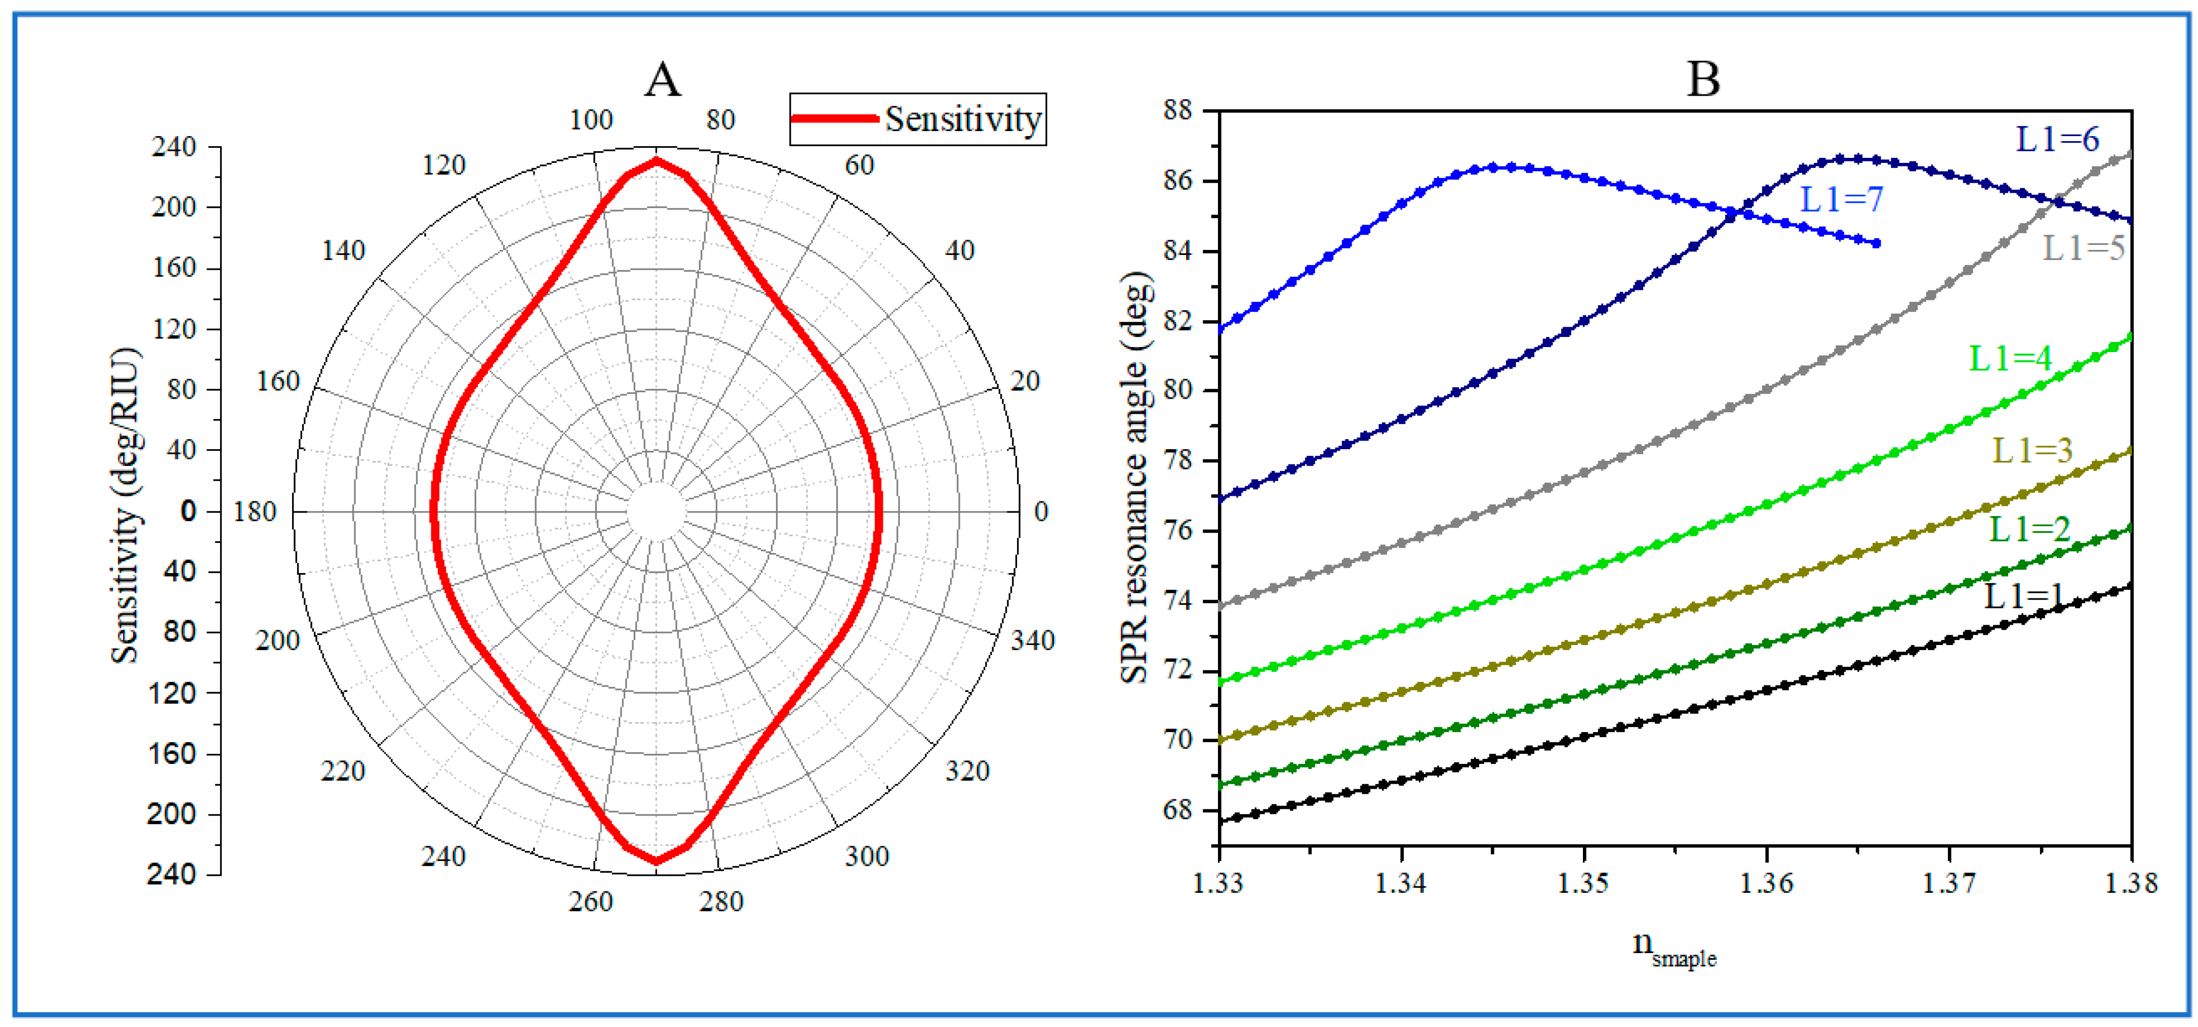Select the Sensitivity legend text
[x=962, y=119]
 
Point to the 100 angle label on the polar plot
[x=590, y=120]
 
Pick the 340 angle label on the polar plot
[x=1033, y=640]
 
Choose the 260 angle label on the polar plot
[x=590, y=902]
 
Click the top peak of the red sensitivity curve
[x=656, y=160]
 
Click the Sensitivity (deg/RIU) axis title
[x=126, y=505]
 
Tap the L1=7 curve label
[x=1841, y=200]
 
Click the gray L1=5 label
[x=2083, y=249]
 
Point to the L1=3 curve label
[x=2031, y=450]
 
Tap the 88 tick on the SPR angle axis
[x=1181, y=110]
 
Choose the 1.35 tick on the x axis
[x=1583, y=883]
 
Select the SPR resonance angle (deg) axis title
[x=1135, y=478]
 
